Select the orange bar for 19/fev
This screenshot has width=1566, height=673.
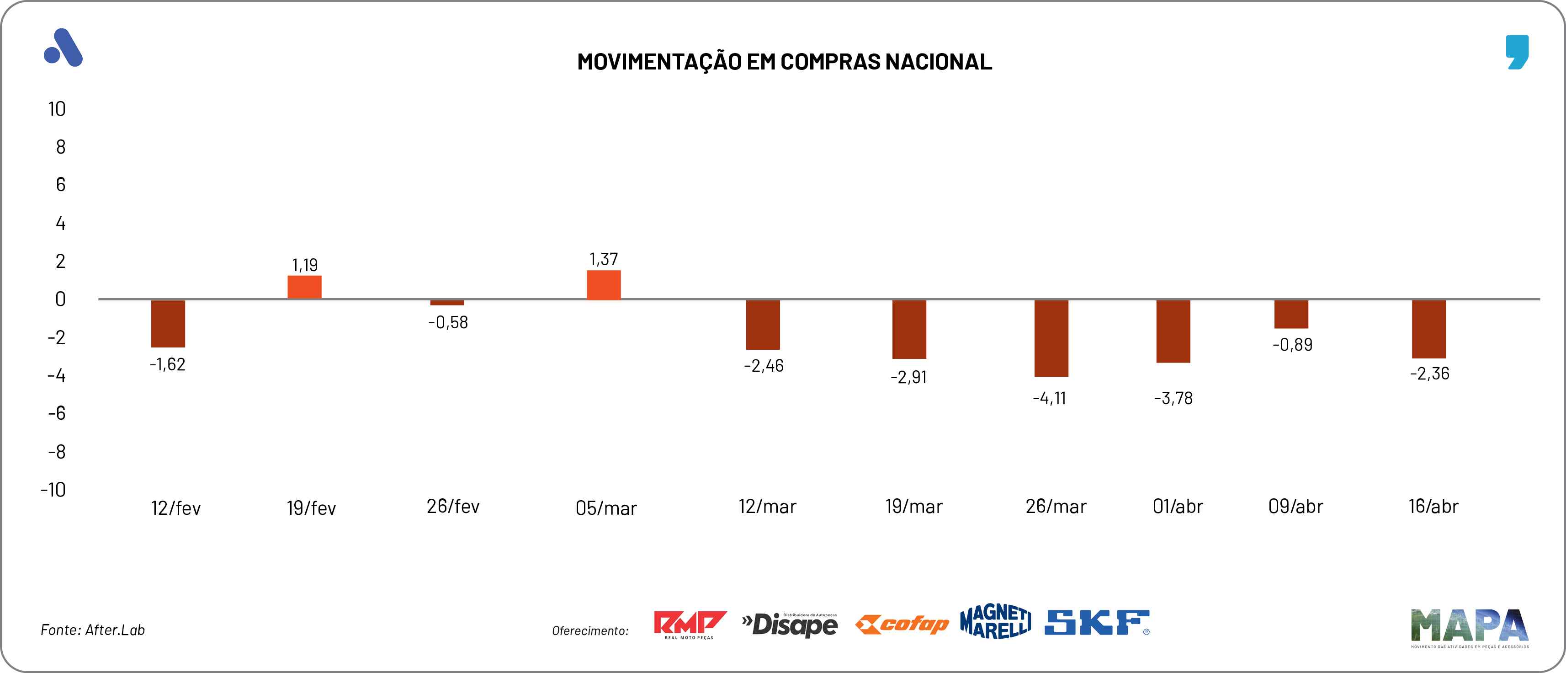click(x=305, y=287)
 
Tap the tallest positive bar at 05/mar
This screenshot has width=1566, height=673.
click(x=604, y=285)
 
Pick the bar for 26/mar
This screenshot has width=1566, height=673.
click(x=1051, y=338)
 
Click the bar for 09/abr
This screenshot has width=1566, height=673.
click(x=1291, y=314)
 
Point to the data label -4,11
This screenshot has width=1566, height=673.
click(x=1049, y=399)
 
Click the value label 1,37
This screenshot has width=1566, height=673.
click(x=604, y=260)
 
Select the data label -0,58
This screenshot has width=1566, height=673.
click(x=448, y=322)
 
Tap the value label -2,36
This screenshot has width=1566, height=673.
click(x=1430, y=374)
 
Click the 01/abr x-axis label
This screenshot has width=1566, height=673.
click(x=1178, y=506)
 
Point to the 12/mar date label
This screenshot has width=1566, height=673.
click(x=767, y=506)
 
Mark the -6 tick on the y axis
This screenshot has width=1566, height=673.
click(x=57, y=414)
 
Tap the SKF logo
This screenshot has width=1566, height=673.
click(x=1097, y=623)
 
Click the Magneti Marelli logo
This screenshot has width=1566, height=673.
click(x=995, y=622)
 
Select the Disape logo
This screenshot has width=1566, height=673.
click(x=790, y=625)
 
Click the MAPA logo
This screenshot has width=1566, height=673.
click(x=1469, y=627)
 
